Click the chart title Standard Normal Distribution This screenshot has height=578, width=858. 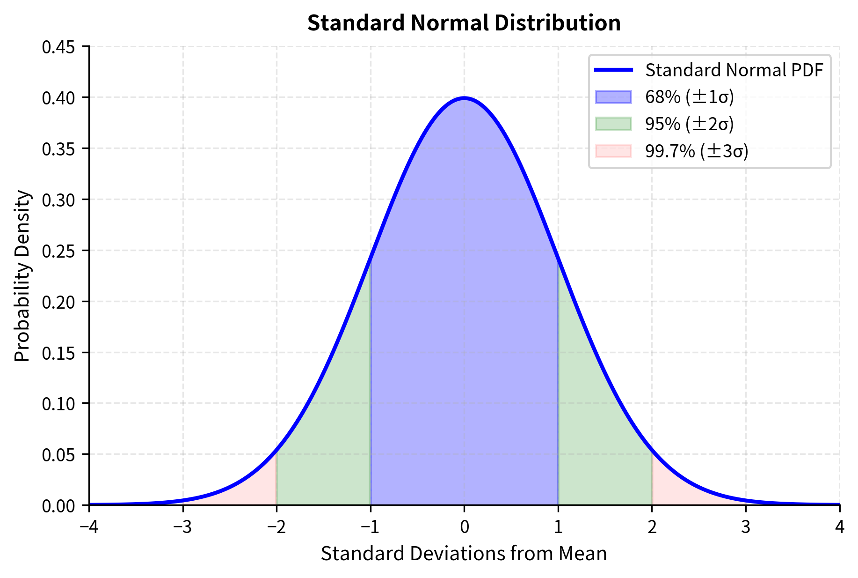click(464, 23)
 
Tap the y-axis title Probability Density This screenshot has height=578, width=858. click(22, 276)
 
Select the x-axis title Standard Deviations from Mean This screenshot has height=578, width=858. click(464, 554)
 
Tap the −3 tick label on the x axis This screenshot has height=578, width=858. click(182, 527)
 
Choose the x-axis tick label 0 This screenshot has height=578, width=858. click(464, 527)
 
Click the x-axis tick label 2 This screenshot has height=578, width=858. click(652, 527)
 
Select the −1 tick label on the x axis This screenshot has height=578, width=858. click(370, 527)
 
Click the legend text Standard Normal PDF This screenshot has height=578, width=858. click(734, 70)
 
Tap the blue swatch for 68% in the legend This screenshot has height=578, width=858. click(613, 97)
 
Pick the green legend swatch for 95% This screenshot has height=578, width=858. click(613, 124)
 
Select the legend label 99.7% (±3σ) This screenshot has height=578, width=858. click(697, 151)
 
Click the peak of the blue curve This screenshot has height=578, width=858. click(464, 98)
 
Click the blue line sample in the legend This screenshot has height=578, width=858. click(613, 70)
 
